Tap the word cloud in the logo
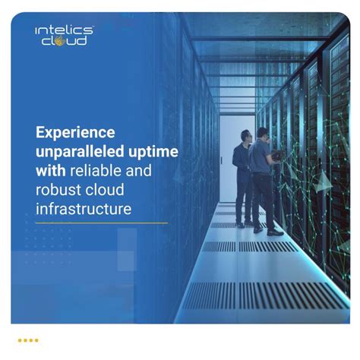click(x=65, y=41)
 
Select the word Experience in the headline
click(x=74, y=134)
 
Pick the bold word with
click(x=49, y=170)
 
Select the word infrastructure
click(x=81, y=207)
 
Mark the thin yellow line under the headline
click(x=102, y=223)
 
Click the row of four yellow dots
click(x=28, y=341)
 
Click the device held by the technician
click(x=278, y=156)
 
